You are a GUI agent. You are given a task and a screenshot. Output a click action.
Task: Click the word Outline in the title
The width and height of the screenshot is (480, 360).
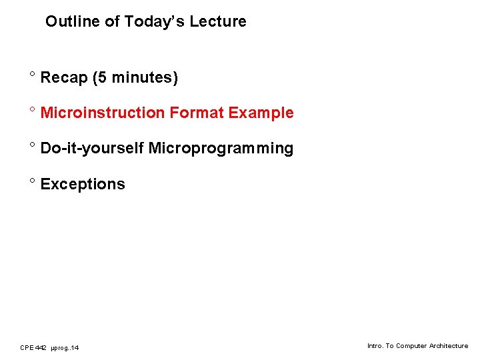tap(67, 21)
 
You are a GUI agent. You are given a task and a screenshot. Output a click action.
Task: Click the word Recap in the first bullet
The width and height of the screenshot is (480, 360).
tap(64, 78)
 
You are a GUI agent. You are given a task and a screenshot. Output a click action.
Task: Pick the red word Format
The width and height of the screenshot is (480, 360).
tap(197, 113)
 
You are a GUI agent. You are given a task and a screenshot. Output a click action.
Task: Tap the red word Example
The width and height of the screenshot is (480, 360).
tap(261, 113)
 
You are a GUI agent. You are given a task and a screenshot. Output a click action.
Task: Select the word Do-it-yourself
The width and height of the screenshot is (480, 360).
tap(92, 148)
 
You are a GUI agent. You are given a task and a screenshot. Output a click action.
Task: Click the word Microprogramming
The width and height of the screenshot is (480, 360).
tap(221, 148)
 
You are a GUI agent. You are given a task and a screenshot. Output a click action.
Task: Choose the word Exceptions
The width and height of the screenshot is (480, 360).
tap(83, 184)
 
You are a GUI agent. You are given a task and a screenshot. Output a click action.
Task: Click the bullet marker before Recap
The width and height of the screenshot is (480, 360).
tap(32, 75)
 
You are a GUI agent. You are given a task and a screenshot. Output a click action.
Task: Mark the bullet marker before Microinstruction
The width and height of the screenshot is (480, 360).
tap(32, 110)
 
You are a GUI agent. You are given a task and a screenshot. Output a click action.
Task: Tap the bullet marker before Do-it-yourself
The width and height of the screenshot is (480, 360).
tap(32, 145)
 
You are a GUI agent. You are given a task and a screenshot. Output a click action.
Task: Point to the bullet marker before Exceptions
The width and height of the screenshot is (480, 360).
tap(32, 181)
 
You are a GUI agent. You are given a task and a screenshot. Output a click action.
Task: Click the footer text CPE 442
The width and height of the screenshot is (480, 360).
tap(33, 347)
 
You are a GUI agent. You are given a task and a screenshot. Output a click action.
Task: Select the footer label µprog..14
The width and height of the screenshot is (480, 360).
tap(65, 348)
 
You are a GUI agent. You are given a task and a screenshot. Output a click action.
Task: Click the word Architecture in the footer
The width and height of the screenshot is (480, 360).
tap(448, 346)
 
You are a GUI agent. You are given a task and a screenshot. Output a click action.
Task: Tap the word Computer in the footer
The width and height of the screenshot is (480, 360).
tap(411, 346)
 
